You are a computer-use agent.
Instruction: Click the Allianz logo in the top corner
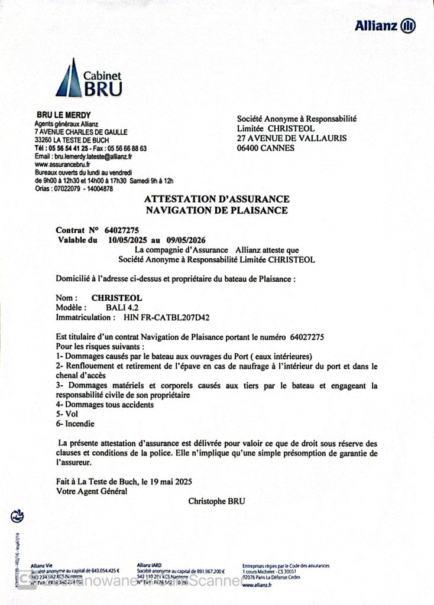385,25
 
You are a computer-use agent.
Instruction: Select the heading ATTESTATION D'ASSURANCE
216,199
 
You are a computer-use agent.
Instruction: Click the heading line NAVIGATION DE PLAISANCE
216,210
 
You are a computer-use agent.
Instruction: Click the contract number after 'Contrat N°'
122,230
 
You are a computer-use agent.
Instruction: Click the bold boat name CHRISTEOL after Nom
117,298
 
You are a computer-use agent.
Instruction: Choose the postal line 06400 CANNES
265,148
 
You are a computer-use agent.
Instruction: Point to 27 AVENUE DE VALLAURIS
292,138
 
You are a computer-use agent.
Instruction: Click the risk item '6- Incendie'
75,424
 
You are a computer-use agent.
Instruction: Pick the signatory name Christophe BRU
216,502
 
